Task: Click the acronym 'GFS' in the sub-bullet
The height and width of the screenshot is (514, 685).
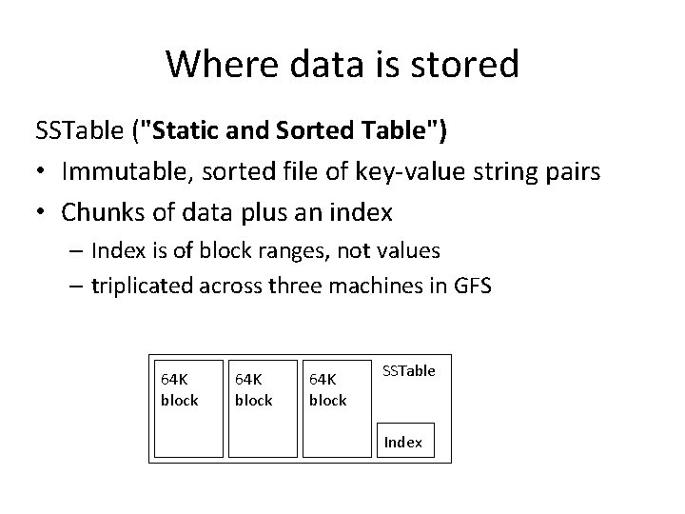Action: point(471,286)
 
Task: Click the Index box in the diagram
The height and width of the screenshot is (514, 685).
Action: point(403,441)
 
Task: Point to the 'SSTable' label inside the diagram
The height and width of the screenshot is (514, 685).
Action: point(409,370)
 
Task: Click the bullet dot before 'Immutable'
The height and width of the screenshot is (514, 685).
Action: point(43,173)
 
